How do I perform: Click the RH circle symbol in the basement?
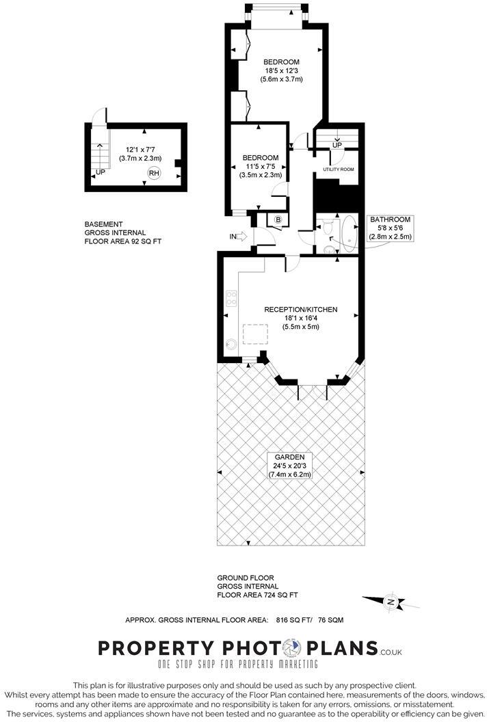(155, 174)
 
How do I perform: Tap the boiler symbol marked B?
(278, 219)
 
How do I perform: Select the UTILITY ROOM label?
(338, 169)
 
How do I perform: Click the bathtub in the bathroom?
(350, 233)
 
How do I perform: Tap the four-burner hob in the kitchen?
(231, 299)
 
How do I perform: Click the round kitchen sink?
(231, 345)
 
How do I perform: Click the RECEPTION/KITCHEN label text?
(301, 310)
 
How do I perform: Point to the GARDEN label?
(290, 457)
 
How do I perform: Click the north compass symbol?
(391, 602)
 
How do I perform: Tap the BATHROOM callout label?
(391, 219)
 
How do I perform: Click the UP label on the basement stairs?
(101, 172)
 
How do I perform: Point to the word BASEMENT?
(104, 224)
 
